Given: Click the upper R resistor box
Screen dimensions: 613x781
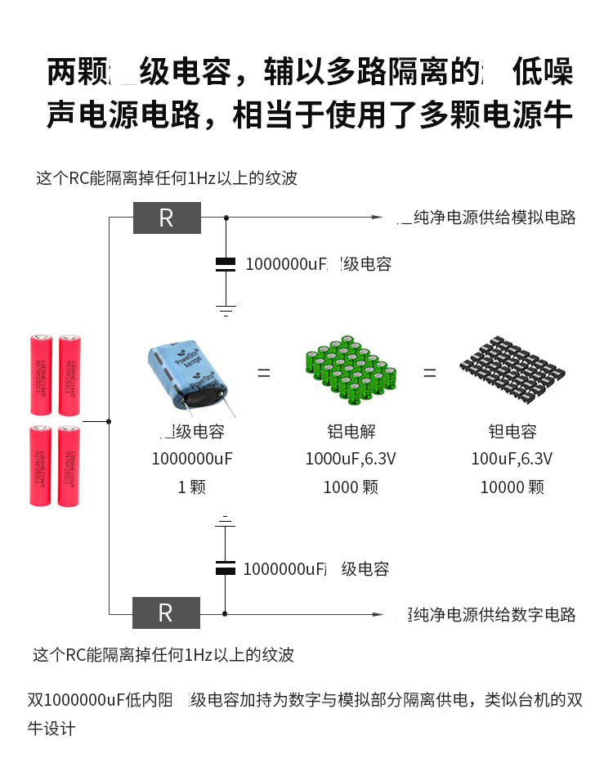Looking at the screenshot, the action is click(167, 218).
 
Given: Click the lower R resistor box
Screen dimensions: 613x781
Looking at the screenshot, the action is click(166, 613).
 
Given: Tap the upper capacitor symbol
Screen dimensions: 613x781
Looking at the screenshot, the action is click(226, 263).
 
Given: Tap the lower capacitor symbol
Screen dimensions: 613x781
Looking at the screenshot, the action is click(226, 568).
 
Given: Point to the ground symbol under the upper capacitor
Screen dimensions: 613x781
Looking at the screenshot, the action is click(226, 310).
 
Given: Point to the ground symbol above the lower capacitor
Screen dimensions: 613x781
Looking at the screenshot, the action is click(226, 520).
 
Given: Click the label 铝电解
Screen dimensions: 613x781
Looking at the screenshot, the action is click(351, 432).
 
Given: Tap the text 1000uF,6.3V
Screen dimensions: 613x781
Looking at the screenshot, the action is click(351, 459).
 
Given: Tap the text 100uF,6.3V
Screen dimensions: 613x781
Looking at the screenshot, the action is click(512, 459).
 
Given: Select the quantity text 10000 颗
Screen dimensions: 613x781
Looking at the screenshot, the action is click(512, 487).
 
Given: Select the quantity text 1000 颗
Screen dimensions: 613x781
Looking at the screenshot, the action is click(351, 487).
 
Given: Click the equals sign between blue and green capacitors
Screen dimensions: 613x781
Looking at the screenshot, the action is click(264, 373).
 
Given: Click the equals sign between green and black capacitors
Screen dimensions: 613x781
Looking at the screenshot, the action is click(429, 373).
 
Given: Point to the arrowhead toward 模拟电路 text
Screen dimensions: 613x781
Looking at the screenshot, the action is click(378, 218).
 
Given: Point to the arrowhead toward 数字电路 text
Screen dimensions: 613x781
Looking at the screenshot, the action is click(378, 613).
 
